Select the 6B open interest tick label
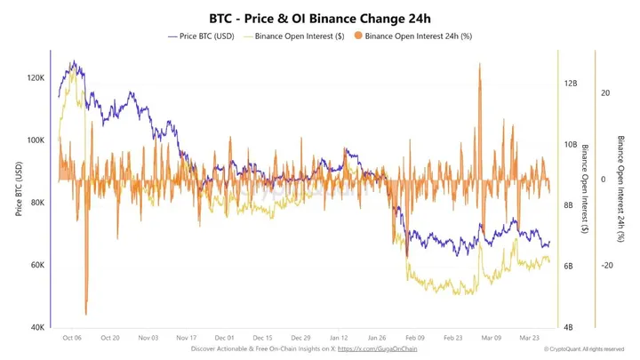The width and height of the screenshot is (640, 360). coord(572,266)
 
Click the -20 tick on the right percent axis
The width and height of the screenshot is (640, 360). coord(608,266)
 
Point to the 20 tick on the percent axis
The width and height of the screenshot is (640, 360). coord(604,92)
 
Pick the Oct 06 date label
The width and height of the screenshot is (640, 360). coord(73,339)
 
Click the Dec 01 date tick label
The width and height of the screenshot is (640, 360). coord(225,339)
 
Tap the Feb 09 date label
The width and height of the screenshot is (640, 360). coord(415,339)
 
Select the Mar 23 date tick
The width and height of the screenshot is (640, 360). coord(530,339)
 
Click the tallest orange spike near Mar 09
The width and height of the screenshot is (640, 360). coord(480,67)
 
